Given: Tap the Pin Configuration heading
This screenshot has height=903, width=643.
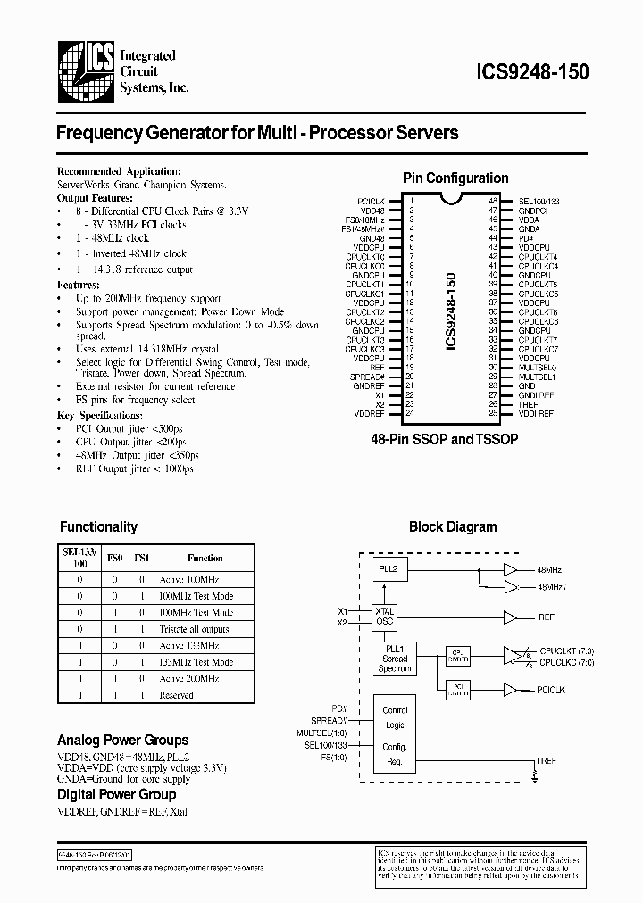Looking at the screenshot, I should click(455, 178).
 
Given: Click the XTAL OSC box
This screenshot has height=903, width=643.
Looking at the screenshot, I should click(385, 617).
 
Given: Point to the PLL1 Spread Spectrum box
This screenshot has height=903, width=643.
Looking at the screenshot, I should click(394, 658).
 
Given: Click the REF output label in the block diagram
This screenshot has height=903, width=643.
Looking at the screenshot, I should click(546, 617).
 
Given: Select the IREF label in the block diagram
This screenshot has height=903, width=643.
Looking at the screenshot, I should click(547, 760).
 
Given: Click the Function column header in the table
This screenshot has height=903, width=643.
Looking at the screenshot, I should click(205, 558).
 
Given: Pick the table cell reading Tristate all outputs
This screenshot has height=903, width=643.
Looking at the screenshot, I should click(194, 628).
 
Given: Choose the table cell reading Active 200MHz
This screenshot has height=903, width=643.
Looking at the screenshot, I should click(189, 678).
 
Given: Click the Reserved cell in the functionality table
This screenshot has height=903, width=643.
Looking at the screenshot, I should click(177, 695).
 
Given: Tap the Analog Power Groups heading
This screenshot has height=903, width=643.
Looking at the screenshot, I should click(122, 740).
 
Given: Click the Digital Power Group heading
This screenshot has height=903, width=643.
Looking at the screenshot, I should click(116, 794).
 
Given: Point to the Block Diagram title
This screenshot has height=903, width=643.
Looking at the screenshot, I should click(453, 526).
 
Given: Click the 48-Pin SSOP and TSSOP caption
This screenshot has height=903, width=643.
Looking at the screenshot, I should click(445, 441).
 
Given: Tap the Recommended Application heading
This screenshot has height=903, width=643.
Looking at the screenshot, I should click(119, 171).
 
